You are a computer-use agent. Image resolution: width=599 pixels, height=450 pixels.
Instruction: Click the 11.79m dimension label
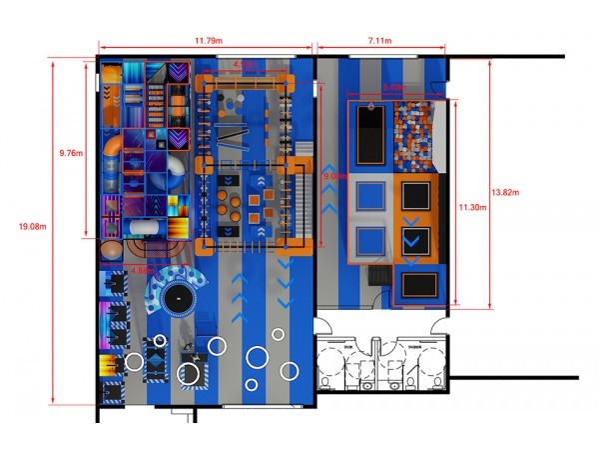tap(209, 40)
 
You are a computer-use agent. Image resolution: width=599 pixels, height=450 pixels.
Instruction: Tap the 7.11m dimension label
tap(379, 40)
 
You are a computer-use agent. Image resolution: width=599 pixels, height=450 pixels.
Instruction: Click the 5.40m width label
tap(395, 87)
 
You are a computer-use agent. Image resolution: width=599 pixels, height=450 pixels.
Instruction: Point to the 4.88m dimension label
tap(142, 270)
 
